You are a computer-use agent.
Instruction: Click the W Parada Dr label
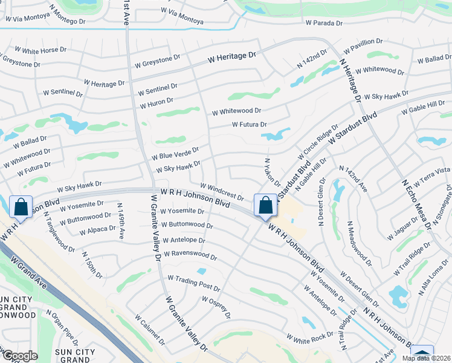(324, 23)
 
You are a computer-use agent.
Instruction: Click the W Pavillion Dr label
(363, 45)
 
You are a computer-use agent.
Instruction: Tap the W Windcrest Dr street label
(222, 193)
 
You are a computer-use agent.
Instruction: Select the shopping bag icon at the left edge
(21, 207)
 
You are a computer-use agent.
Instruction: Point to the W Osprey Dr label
(216, 307)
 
